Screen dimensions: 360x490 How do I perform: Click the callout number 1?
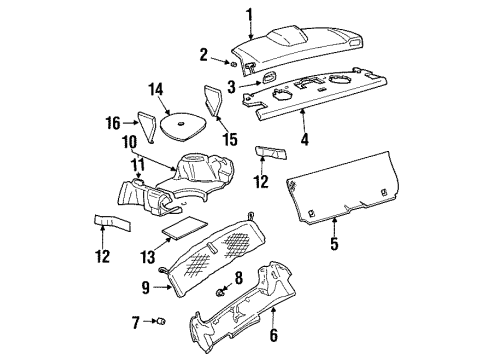point(250,13)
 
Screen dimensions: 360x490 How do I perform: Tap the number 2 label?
point(203,53)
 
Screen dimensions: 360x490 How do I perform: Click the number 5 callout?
point(334,243)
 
